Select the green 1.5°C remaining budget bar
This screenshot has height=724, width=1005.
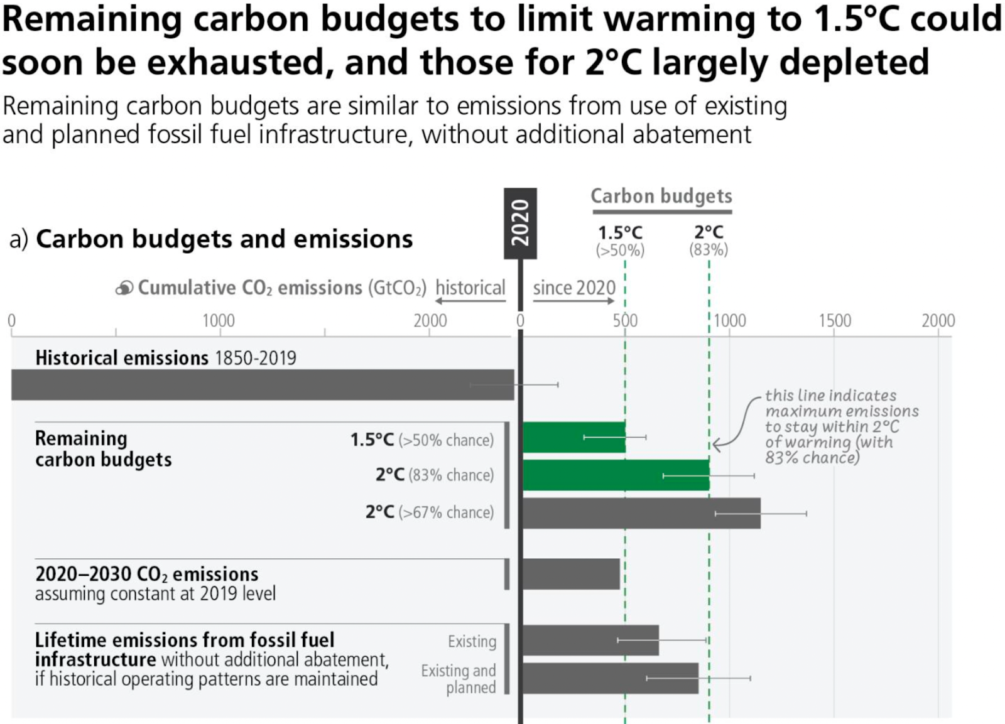point(573,437)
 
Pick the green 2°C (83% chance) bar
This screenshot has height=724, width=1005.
point(616,475)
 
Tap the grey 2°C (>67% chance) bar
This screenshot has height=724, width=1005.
point(641,513)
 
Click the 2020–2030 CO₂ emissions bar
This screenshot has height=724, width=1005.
point(571,574)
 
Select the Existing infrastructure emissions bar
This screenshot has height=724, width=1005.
point(590,640)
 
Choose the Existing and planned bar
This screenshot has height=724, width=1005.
point(610,678)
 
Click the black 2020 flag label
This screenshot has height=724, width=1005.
point(520,223)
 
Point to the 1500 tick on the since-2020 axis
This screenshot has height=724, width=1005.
point(834,321)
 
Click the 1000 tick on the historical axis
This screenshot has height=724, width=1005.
point(219,321)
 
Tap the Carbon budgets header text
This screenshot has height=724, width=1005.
point(661,196)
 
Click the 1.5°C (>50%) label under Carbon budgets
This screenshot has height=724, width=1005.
point(620,240)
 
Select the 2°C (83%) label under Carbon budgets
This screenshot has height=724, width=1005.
point(709,240)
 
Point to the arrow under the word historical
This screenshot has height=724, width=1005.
point(470,301)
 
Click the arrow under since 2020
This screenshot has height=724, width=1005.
point(573,301)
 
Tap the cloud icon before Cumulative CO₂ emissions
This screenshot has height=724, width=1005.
point(124,288)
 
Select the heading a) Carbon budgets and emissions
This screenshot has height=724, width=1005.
point(211,239)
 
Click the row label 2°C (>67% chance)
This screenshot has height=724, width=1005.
point(430,512)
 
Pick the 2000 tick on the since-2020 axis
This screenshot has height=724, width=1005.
point(938,321)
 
